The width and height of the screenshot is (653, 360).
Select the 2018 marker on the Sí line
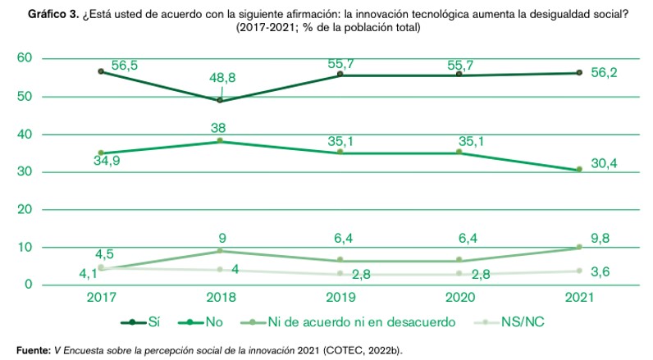point(220,100)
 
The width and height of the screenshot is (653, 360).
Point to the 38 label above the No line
point(218,128)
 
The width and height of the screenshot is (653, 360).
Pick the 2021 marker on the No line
point(579,169)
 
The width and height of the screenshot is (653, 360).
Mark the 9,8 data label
point(600,237)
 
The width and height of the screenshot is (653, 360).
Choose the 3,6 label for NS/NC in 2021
point(600,271)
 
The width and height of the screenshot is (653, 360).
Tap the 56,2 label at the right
point(604,73)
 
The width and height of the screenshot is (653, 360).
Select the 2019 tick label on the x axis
point(340,296)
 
